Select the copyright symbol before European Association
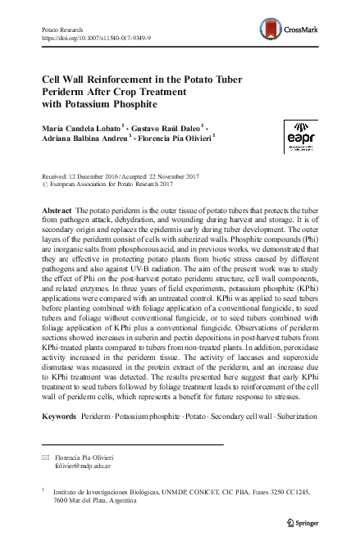(x=44, y=184)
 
